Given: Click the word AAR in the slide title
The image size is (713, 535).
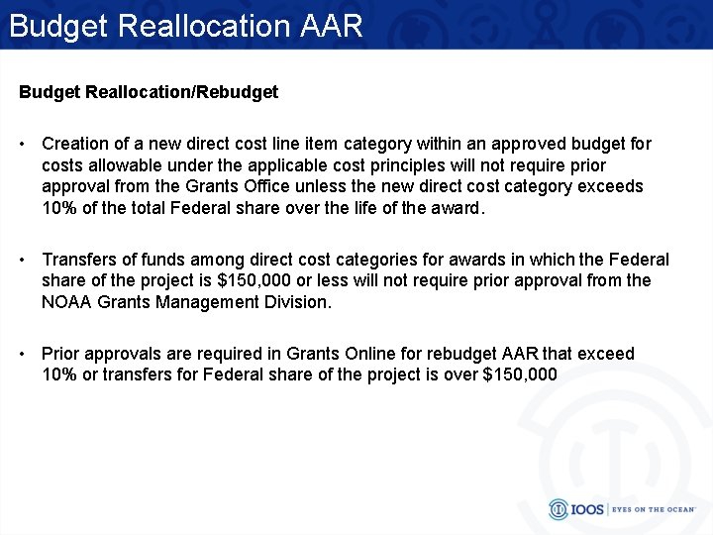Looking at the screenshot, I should pyautogui.click(x=331, y=25).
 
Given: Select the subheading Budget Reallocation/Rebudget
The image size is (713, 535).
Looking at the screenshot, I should pyautogui.click(x=149, y=92).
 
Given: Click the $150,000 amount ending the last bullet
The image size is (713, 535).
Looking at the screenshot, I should pyautogui.click(x=518, y=374).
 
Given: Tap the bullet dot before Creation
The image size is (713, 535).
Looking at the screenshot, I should pyautogui.click(x=23, y=144).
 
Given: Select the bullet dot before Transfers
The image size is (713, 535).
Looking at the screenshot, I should pyautogui.click(x=23, y=260).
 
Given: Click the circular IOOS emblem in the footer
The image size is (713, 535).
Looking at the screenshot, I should pyautogui.click(x=559, y=509).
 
